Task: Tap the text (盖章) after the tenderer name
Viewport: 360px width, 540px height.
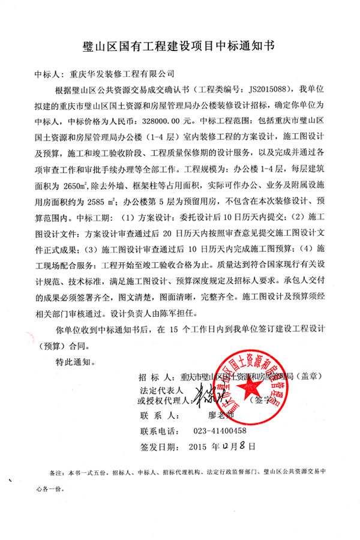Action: click(310, 377)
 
